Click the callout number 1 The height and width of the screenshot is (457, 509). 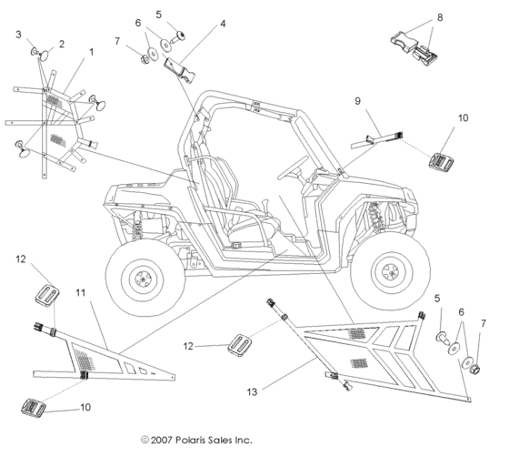(x=92, y=52)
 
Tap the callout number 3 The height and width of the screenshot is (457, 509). (x=18, y=35)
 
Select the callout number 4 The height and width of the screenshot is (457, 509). (x=223, y=24)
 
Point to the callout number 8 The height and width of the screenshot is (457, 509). (x=440, y=17)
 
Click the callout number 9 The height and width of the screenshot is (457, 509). (x=357, y=101)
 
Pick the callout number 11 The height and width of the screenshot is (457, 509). (x=81, y=293)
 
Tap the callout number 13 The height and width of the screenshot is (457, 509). (x=252, y=392)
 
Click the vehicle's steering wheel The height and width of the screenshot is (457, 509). (x=292, y=167)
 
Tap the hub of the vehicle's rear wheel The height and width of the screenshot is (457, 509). (x=142, y=279)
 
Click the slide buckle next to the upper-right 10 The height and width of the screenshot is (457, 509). (x=442, y=161)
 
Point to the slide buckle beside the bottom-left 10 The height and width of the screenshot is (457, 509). (x=33, y=407)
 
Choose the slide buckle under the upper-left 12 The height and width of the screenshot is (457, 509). (x=47, y=295)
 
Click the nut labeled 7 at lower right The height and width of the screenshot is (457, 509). (x=474, y=369)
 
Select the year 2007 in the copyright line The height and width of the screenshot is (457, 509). (x=161, y=441)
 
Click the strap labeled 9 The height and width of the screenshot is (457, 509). (x=376, y=139)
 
